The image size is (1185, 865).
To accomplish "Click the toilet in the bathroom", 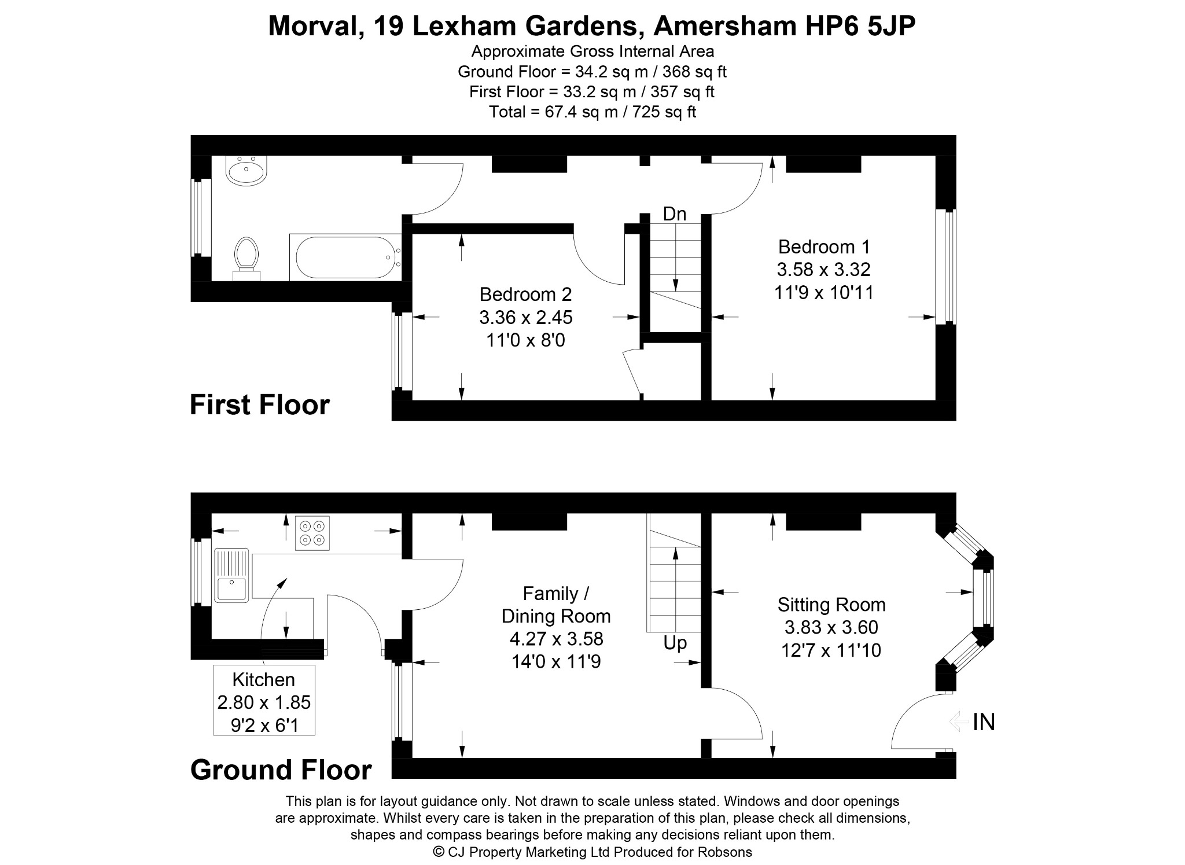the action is click(x=246, y=258).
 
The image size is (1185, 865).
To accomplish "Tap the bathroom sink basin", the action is click(x=246, y=170).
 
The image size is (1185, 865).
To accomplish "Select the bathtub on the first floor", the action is click(x=345, y=257).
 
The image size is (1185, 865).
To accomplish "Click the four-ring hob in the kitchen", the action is click(x=312, y=533).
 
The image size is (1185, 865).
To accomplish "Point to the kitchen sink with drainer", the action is click(x=231, y=575).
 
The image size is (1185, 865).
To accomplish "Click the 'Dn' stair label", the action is click(x=675, y=214).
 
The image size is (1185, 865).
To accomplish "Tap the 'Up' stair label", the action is click(x=675, y=643).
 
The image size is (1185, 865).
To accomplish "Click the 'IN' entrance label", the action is click(x=984, y=722).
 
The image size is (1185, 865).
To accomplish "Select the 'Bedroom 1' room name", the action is click(x=824, y=247).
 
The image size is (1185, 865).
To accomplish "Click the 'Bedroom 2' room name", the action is click(x=525, y=295).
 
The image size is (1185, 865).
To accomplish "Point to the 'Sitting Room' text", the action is click(x=831, y=605).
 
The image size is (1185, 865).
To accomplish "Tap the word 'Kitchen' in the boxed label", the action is click(x=264, y=679).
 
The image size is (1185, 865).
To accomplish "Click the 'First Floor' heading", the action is click(x=260, y=404).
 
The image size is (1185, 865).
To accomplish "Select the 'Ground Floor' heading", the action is click(x=281, y=770).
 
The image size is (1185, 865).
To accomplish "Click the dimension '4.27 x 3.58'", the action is click(x=557, y=639).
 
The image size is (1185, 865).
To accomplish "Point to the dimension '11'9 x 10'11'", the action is click(x=824, y=293).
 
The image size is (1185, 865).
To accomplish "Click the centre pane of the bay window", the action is click(x=983, y=598).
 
